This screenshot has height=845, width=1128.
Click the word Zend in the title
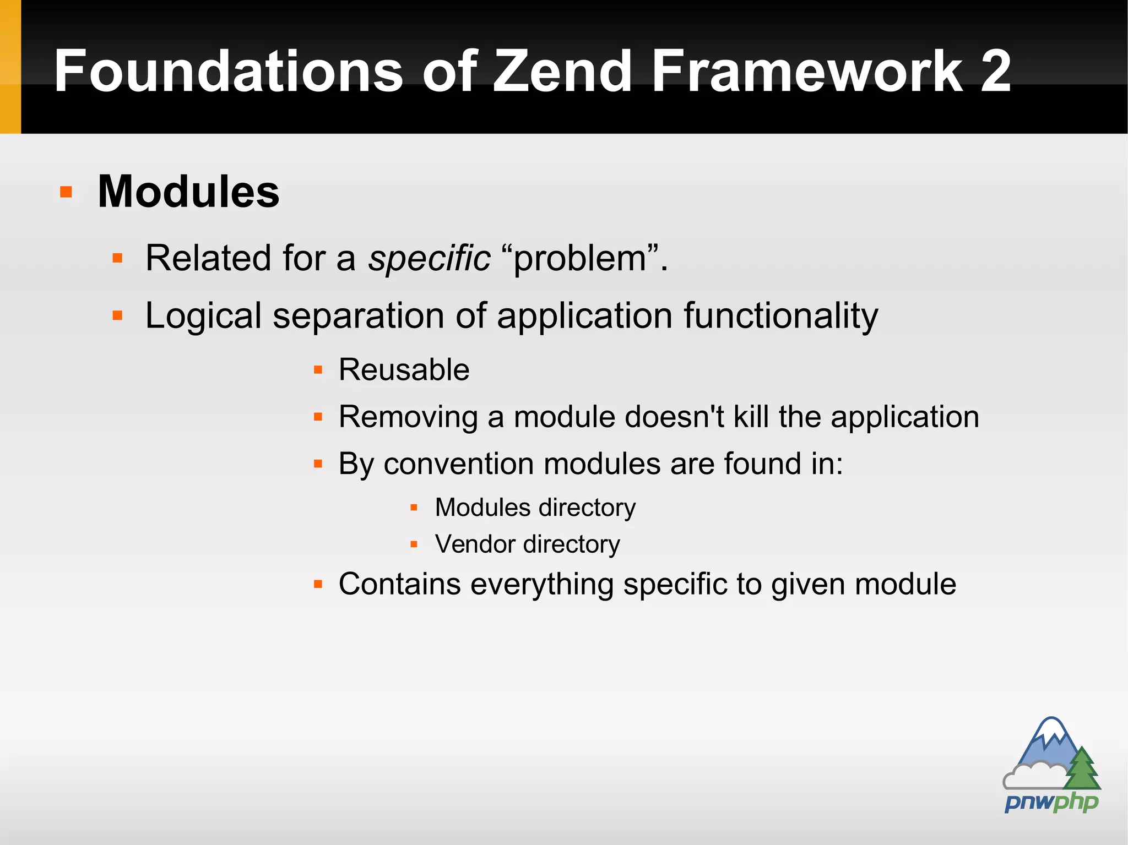562,72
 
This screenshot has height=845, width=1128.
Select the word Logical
203,317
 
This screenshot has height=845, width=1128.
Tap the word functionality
780,317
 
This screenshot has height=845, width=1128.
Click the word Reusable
404,369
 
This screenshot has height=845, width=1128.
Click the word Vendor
474,544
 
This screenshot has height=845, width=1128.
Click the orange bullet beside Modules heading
66,192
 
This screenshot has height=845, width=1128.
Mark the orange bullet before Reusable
318,370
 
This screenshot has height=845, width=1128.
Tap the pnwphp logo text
1051,802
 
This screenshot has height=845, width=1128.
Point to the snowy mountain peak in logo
1052,729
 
